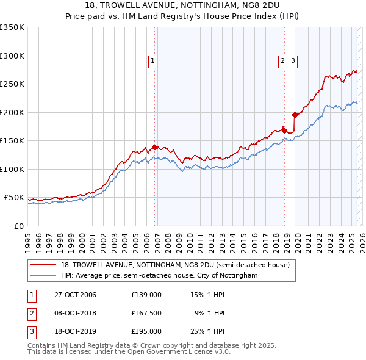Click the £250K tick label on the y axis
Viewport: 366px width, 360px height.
click(x=12, y=84)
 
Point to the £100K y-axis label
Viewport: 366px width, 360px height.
click(x=12, y=169)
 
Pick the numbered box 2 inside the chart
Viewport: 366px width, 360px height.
click(x=282, y=60)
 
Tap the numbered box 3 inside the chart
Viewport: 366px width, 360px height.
click(x=293, y=60)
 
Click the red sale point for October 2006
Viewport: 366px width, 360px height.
click(x=155, y=147)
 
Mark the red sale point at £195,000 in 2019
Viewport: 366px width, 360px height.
click(x=295, y=115)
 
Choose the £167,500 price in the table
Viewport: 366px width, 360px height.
click(x=146, y=314)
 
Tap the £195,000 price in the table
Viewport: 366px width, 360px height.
click(x=146, y=332)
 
